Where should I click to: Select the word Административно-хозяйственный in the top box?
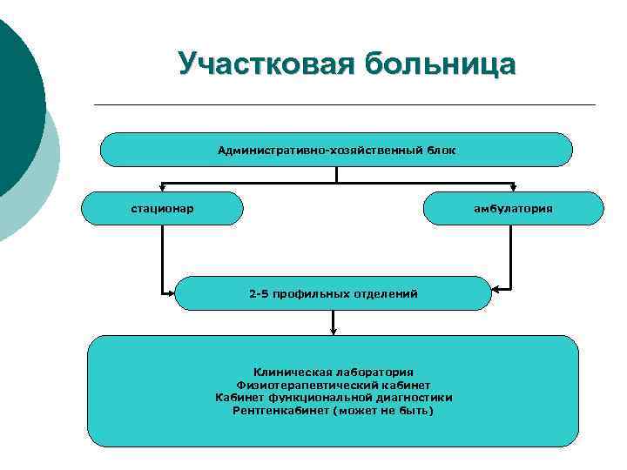pyautogui.click(x=320, y=151)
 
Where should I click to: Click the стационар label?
pyautogui.click(x=163, y=209)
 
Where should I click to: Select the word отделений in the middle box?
pyautogui.click(x=385, y=294)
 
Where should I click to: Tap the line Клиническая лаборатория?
pyautogui.click(x=334, y=372)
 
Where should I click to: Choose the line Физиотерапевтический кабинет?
pyautogui.click(x=334, y=385)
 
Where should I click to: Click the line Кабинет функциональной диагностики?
pyautogui.click(x=334, y=397)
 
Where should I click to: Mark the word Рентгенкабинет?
pyautogui.click(x=278, y=410)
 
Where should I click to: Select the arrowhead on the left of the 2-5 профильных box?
pyautogui.click(x=172, y=292)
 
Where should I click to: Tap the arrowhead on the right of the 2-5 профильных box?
pyautogui.click(x=496, y=287)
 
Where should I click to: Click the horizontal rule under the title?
pyautogui.click(x=344, y=105)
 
